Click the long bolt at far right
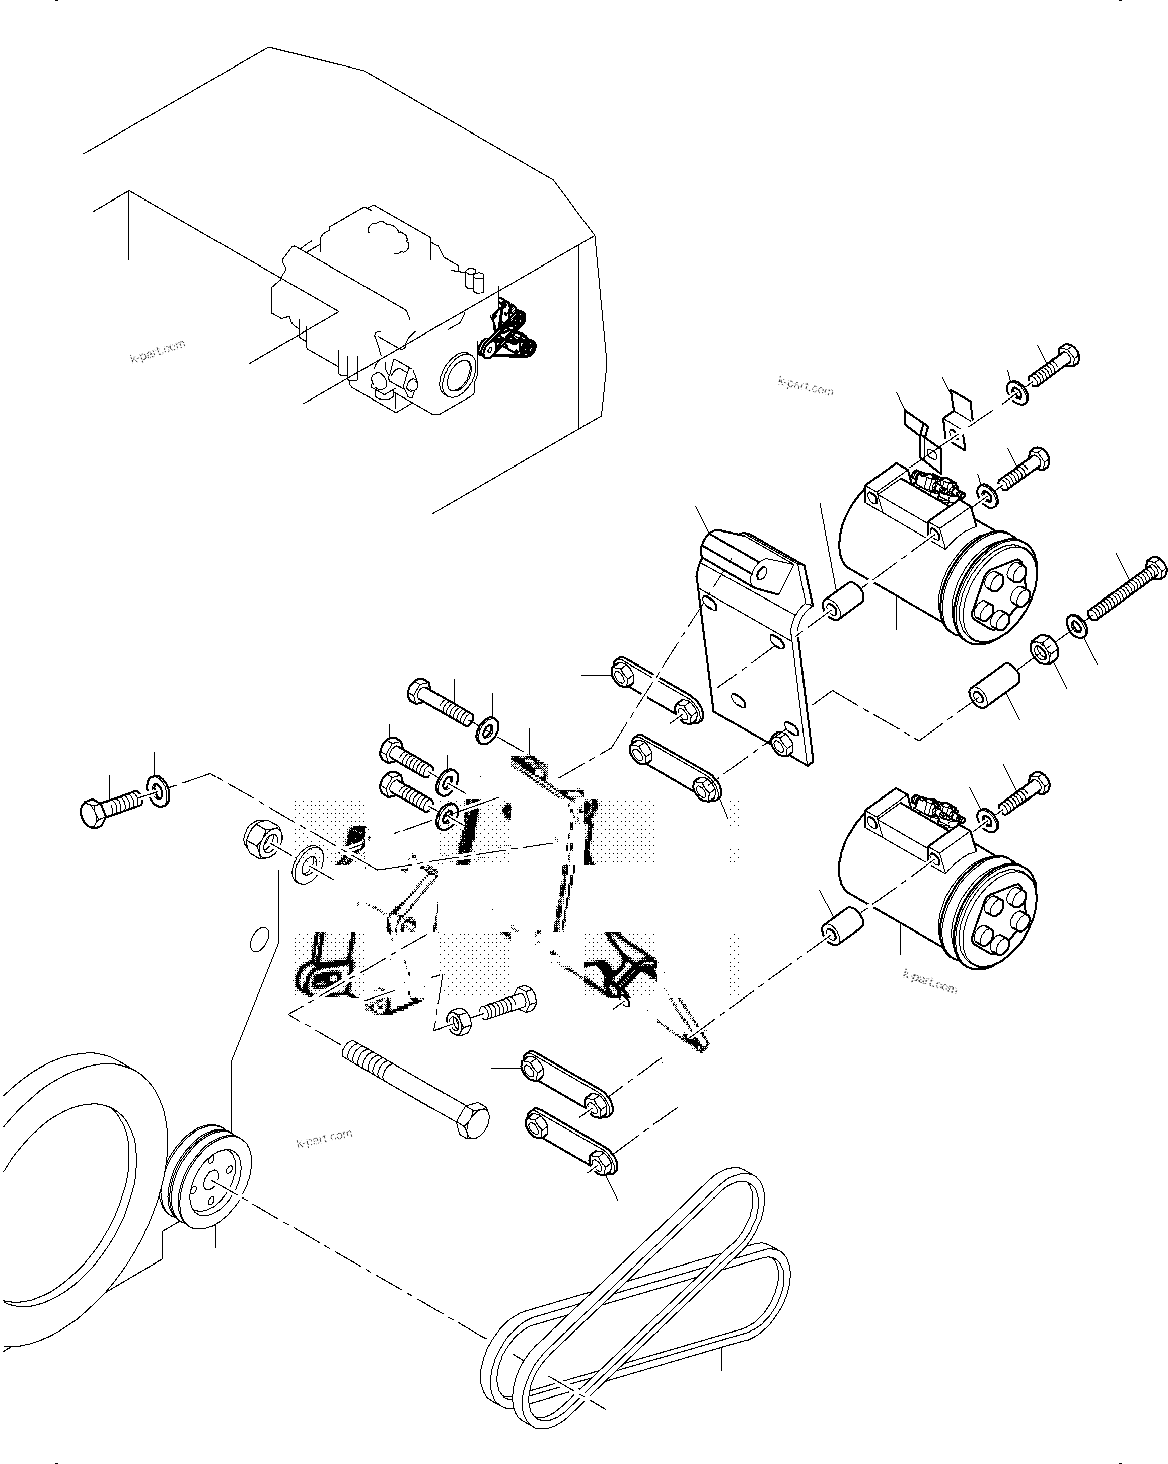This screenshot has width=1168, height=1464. point(1127,588)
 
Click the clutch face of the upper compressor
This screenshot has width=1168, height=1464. point(994,591)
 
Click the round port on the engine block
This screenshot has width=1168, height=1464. point(458,374)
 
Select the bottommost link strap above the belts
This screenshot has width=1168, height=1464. point(571,1150)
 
